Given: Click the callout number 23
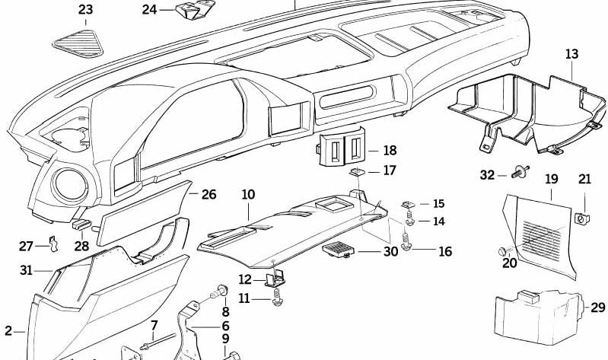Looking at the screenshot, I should pyautogui.click(x=86, y=10).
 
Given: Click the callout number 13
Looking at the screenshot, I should pyautogui.click(x=571, y=54).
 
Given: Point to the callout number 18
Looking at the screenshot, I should pyautogui.click(x=390, y=150).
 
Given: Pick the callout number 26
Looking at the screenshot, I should pyautogui.click(x=209, y=195).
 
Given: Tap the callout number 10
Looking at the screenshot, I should pyautogui.click(x=248, y=195).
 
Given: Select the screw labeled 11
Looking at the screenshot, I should pyautogui.click(x=278, y=299).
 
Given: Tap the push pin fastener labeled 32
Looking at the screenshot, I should pyautogui.click(x=521, y=174).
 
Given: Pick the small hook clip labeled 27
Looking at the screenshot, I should pyautogui.click(x=53, y=244).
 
